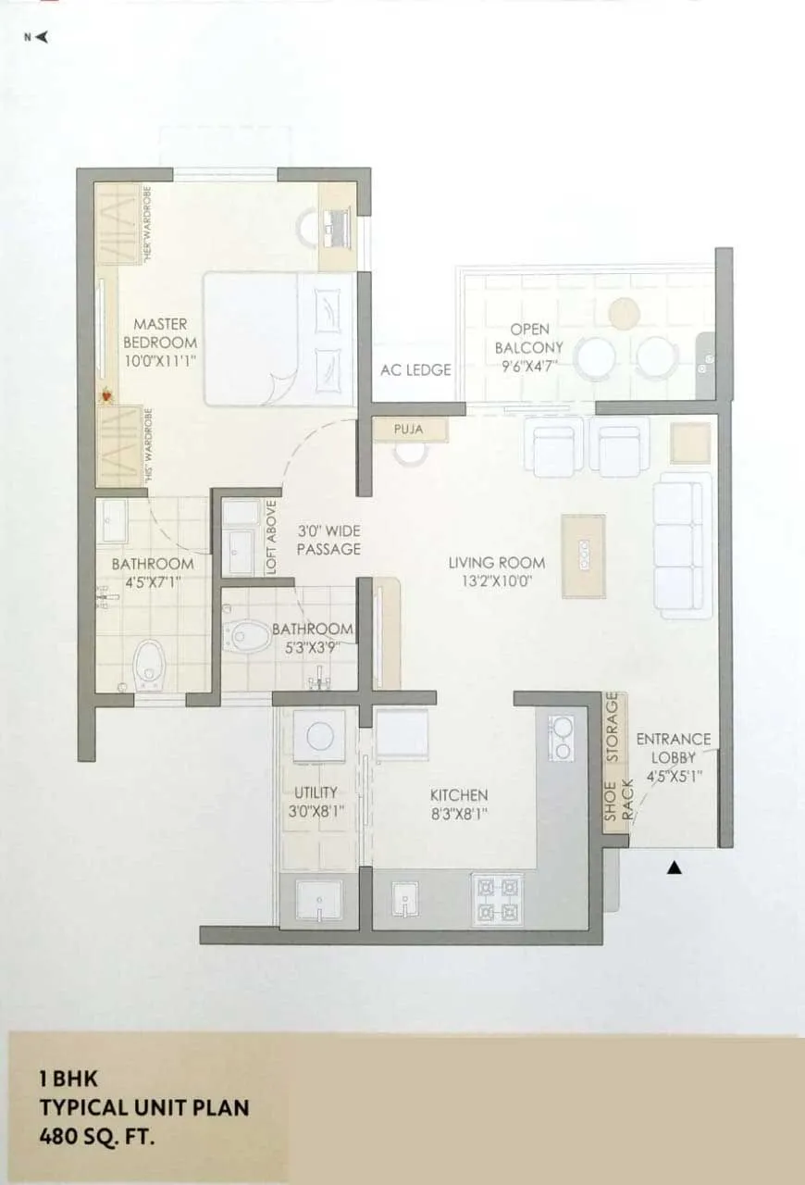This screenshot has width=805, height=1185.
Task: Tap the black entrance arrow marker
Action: click(x=675, y=868)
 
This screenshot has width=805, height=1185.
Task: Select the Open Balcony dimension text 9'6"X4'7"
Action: click(x=522, y=366)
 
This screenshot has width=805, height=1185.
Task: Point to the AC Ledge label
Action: click(x=415, y=369)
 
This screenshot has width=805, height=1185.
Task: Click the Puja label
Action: click(x=408, y=430)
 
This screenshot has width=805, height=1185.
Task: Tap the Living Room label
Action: click(x=497, y=562)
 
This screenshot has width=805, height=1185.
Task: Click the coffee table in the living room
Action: click(x=584, y=555)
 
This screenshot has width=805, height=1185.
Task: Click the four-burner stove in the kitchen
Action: click(x=498, y=899)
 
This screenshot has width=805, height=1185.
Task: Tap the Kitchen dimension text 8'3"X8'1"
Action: click(x=458, y=814)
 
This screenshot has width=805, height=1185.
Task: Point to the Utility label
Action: click(x=316, y=792)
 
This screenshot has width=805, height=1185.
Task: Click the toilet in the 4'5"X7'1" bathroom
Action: click(x=147, y=662)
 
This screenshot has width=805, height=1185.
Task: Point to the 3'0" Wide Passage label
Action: click(x=328, y=540)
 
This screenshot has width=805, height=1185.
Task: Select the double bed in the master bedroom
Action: click(x=278, y=339)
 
